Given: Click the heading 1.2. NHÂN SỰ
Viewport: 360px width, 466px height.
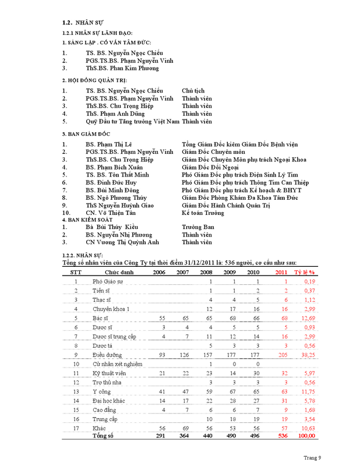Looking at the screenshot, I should pyautogui.click(x=83, y=23).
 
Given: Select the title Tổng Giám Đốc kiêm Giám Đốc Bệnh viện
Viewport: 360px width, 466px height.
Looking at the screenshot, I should pyautogui.click(x=239, y=144).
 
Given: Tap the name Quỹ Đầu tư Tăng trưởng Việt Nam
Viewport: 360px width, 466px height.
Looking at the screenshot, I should pyautogui.click(x=132, y=122).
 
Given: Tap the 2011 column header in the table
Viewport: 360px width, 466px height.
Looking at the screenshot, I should pyautogui.click(x=281, y=272).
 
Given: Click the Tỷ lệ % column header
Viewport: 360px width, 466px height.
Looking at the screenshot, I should pyautogui.click(x=303, y=272).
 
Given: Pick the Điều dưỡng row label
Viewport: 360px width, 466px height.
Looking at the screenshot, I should pyautogui.click(x=107, y=354).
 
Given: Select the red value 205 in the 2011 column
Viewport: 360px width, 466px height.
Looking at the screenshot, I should pyautogui.click(x=283, y=354).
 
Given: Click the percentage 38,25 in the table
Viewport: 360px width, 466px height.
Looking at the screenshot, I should pyautogui.click(x=308, y=354).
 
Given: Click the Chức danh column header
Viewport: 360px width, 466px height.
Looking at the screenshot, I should pyautogui.click(x=118, y=272).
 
